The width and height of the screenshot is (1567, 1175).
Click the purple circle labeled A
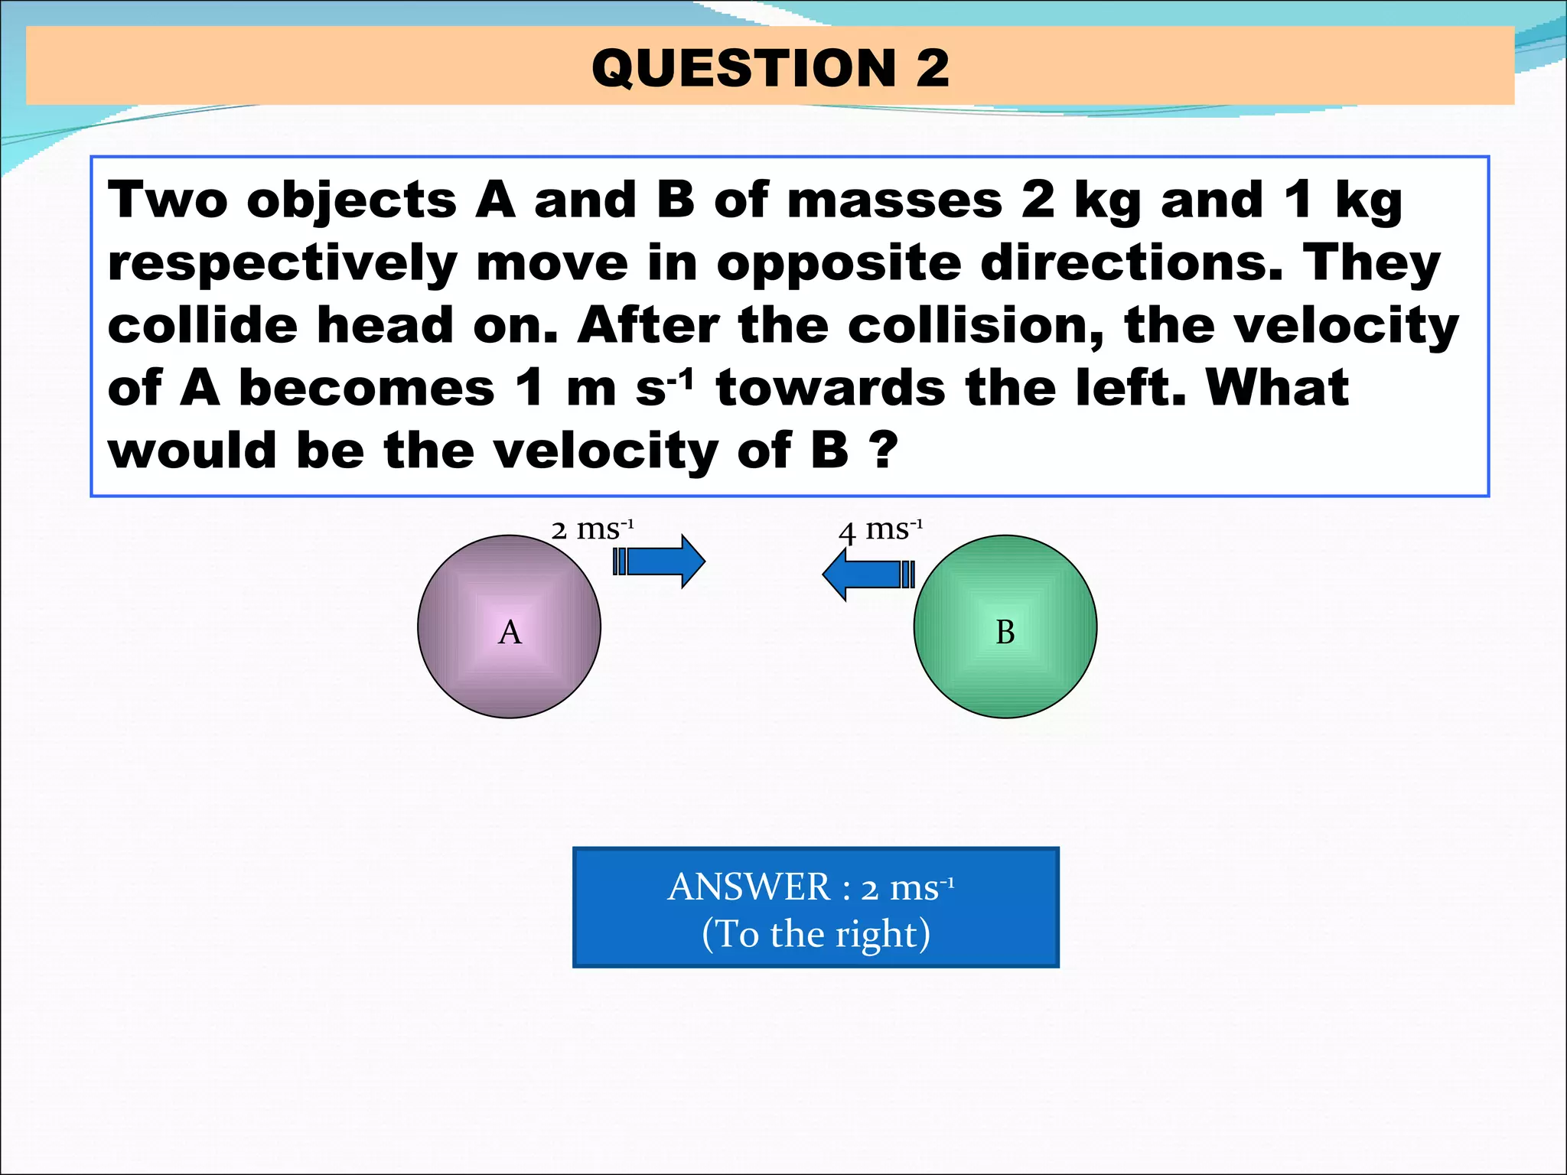(x=509, y=627)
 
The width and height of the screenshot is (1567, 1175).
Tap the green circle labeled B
(x=1005, y=627)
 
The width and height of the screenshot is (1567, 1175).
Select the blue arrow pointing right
(x=660, y=562)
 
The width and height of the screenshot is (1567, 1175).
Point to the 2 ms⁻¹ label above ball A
(x=592, y=529)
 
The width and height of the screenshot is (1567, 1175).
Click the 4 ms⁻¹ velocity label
(x=881, y=529)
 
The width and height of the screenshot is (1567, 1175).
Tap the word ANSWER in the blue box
(x=748, y=887)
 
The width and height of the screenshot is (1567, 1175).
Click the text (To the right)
(x=816, y=934)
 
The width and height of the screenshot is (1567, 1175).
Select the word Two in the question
(x=168, y=200)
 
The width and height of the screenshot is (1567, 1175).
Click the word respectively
(x=282, y=264)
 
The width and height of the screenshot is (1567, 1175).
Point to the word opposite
(x=838, y=264)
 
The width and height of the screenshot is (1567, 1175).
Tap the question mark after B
(x=883, y=451)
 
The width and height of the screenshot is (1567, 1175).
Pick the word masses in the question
(x=894, y=200)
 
